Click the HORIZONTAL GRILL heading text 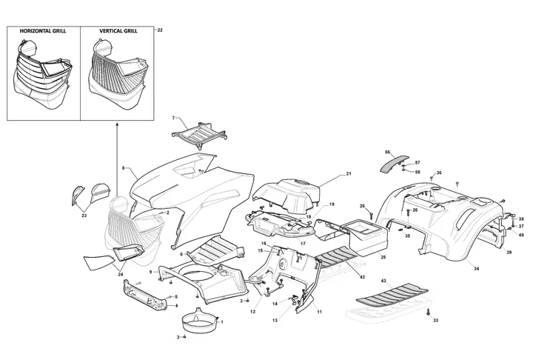tap(43, 31)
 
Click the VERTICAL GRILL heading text tap(118, 31)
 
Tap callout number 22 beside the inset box tap(160, 30)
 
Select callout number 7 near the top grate tap(173, 118)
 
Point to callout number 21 tap(349, 174)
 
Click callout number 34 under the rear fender tap(476, 269)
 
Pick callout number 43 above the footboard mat tap(383, 281)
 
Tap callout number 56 tap(387, 152)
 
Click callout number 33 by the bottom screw tap(435, 320)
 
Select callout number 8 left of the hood tap(123, 167)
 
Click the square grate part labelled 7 tap(200, 135)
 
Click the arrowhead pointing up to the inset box tap(117, 125)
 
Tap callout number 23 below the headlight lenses tap(84, 216)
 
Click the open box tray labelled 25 tap(363, 237)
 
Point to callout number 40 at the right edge tap(521, 235)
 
